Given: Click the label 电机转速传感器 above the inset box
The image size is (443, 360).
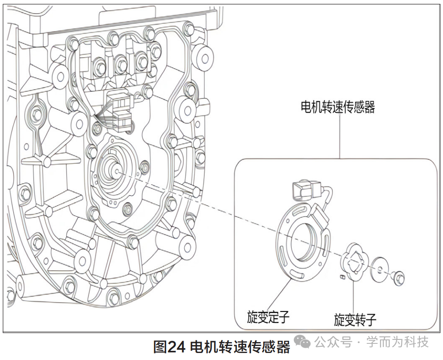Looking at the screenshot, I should tap(338, 107).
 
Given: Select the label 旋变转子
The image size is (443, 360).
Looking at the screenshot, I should tap(355, 320).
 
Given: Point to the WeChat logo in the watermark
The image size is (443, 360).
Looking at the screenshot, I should tap(302, 342).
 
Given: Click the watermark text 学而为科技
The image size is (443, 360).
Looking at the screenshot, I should tap(397, 342).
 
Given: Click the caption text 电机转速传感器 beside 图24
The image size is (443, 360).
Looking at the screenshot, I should tap(241, 347).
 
